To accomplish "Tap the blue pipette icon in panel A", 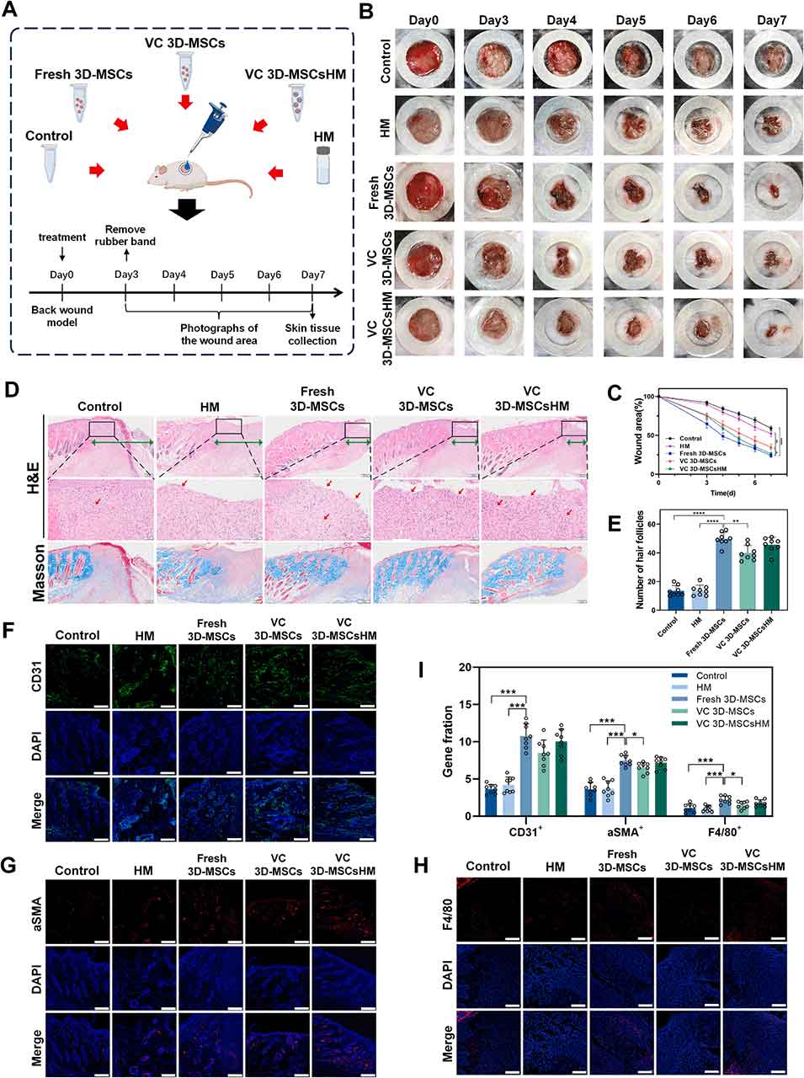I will point(202,124).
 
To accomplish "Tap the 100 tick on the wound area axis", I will point(648,395).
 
